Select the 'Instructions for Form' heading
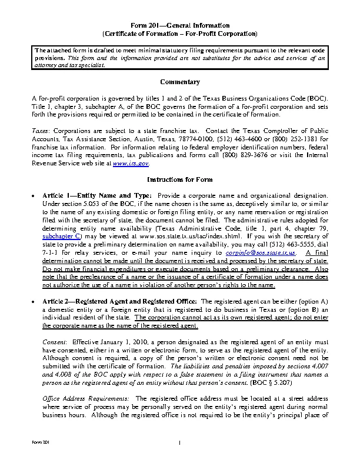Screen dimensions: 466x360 click(x=179, y=179)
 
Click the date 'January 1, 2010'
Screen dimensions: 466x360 click(x=115, y=341)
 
